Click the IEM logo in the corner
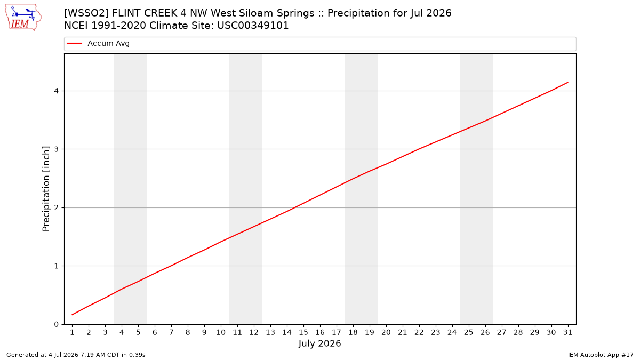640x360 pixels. tap(23, 17)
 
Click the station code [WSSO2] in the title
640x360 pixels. tap(86, 13)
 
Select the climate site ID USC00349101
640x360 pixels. tap(253, 26)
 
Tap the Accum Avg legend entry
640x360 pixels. tap(98, 43)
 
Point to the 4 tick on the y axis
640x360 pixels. tap(57, 91)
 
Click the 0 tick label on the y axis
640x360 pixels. tap(57, 324)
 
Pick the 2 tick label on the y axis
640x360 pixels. tap(57, 207)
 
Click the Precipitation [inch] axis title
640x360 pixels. tap(46, 189)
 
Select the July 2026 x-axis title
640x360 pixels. tap(319, 343)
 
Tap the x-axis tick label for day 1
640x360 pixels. tap(73, 332)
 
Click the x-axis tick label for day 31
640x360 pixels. tap(567, 332)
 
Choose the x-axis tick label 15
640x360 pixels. tap(303, 332)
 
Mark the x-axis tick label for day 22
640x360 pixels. tap(419, 332)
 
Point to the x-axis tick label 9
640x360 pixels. tap(204, 332)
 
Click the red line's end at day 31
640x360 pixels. tap(567, 82)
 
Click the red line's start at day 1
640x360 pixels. tap(73, 315)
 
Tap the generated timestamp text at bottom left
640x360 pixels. tap(76, 355)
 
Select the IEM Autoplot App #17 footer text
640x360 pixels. tap(601, 355)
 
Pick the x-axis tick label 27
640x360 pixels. tap(502, 332)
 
